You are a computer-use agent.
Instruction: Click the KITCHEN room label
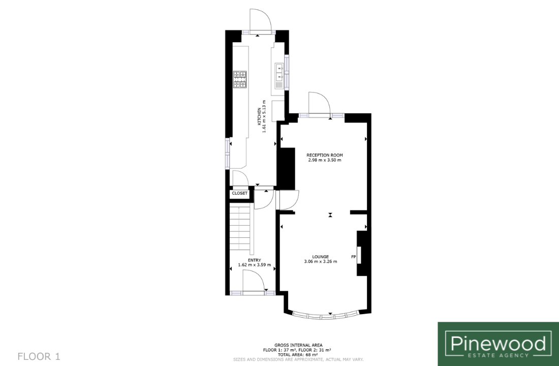point(259,116)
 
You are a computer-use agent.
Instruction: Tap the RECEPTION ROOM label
point(325,155)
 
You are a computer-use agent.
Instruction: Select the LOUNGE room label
point(321,257)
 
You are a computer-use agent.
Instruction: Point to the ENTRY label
point(255,260)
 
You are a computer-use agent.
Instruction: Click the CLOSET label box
point(239,193)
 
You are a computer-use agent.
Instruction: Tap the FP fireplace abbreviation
point(354,257)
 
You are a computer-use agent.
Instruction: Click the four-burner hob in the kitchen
point(240,79)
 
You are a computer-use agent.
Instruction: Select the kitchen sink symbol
point(279,76)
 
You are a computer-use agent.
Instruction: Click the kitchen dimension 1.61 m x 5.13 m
point(264,116)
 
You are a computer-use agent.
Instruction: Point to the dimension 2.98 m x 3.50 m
point(325,160)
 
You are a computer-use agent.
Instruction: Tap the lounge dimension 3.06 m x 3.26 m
point(321,261)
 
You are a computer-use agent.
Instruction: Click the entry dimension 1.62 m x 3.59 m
point(255,265)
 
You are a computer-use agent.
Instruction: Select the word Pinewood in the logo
point(498,343)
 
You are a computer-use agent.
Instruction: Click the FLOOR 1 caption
point(39,356)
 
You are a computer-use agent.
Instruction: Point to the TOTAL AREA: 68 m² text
point(298,355)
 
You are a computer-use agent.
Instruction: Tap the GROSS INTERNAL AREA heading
point(298,345)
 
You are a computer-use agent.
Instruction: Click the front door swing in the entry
point(254,281)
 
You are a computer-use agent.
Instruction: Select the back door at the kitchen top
point(261,21)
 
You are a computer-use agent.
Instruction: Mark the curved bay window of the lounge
point(325,316)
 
